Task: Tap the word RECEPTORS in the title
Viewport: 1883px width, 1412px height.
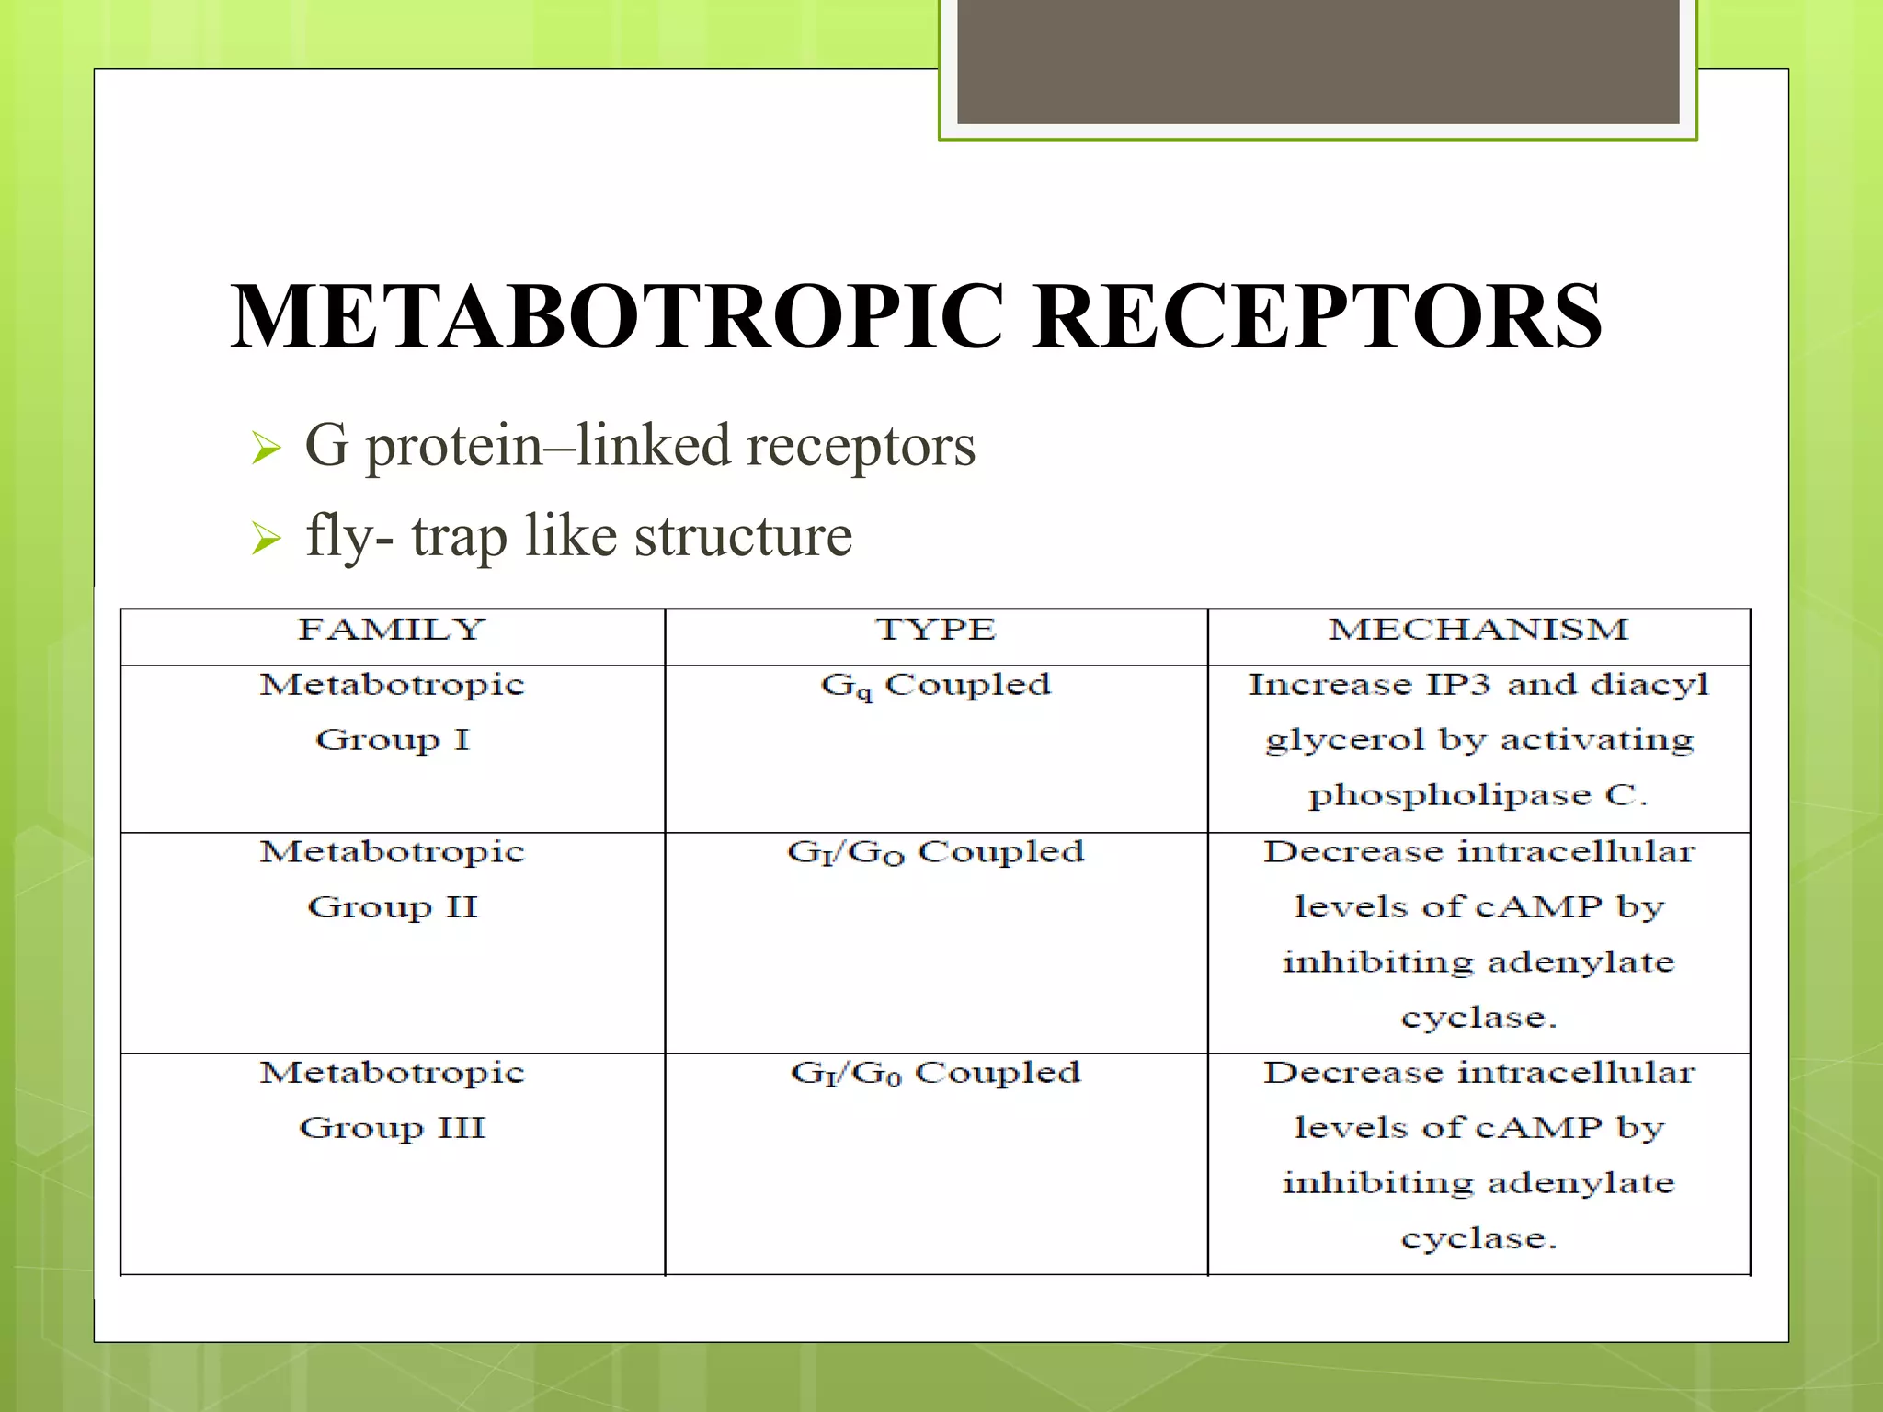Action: click(x=1317, y=316)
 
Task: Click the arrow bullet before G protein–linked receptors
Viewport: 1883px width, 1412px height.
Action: click(x=266, y=449)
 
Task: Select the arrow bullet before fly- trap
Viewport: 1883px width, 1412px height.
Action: click(x=266, y=538)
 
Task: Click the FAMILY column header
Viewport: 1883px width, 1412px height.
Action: click(x=392, y=630)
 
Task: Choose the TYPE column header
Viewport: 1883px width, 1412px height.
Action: click(x=935, y=630)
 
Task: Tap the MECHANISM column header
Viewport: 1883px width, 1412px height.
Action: click(x=1478, y=630)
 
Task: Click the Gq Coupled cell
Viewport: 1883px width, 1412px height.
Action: click(x=935, y=686)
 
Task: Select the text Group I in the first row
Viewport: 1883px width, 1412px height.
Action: click(x=393, y=740)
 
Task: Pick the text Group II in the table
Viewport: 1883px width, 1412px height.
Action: click(x=393, y=907)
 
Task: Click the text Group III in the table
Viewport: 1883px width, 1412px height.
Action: click(x=393, y=1128)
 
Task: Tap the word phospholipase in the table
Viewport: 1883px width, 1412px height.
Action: click(x=1449, y=796)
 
